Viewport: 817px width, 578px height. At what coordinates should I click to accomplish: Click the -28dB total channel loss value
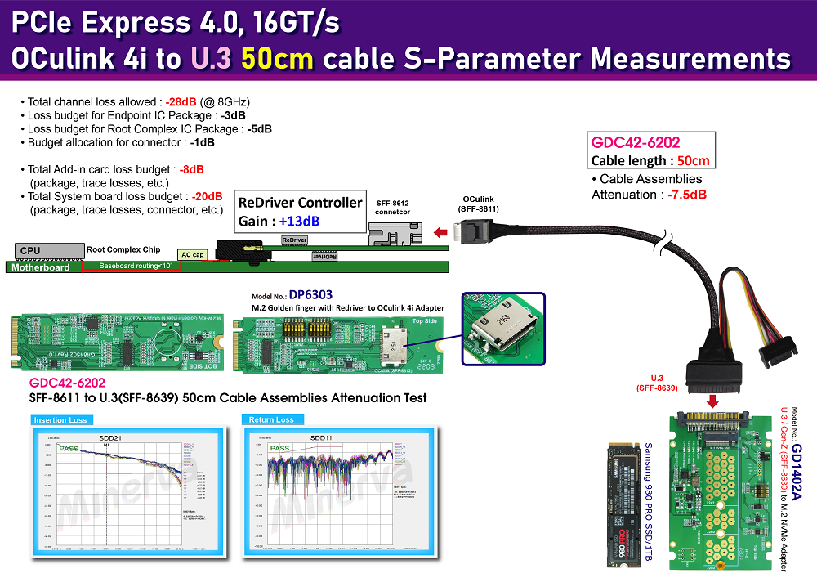click(x=181, y=102)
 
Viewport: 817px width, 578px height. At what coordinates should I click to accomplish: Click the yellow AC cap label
click(x=192, y=255)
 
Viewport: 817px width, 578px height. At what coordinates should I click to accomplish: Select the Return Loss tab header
click(x=272, y=420)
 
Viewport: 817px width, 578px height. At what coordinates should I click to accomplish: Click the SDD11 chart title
click(x=321, y=438)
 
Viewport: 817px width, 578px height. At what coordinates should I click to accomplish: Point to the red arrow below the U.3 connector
click(x=712, y=401)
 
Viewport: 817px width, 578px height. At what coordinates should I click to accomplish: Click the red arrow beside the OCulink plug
click(x=440, y=233)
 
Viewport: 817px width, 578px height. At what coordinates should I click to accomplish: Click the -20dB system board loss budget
click(x=208, y=197)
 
